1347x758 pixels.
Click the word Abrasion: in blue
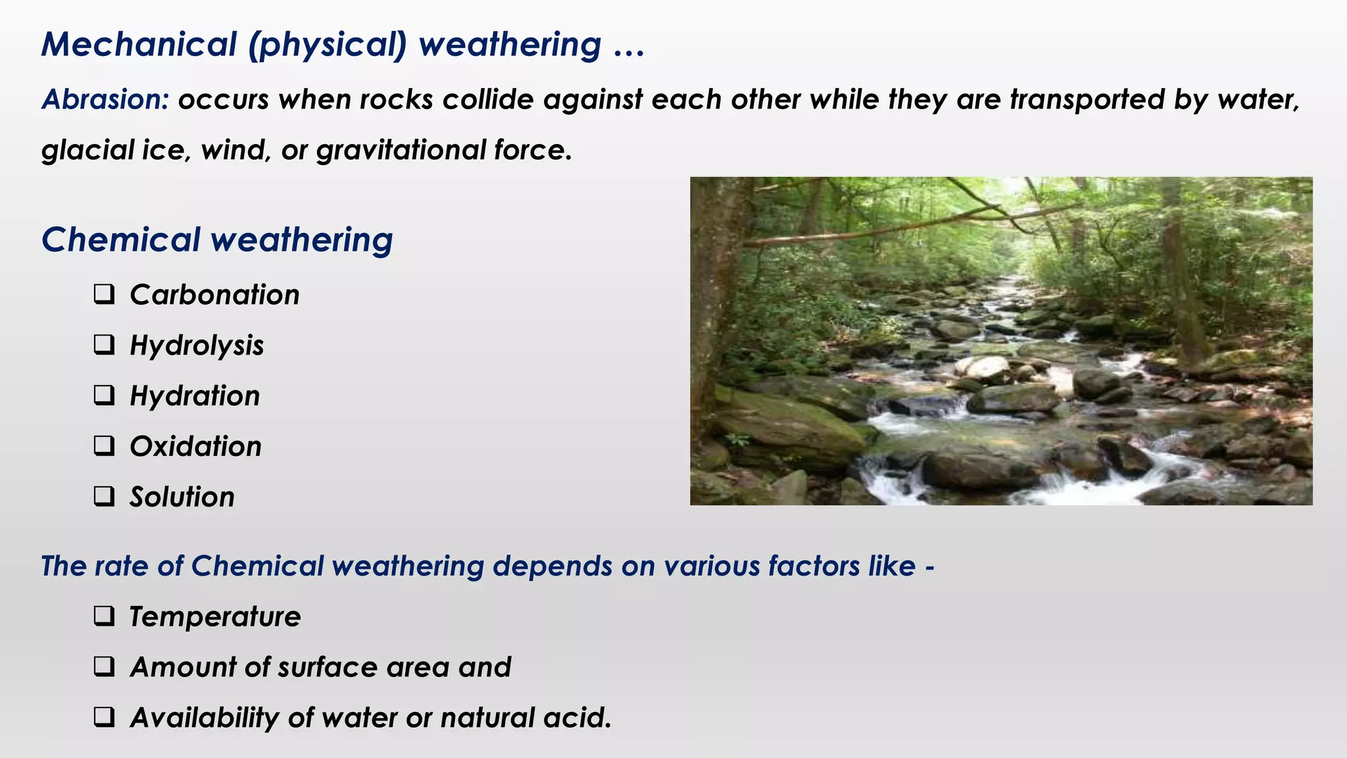tap(105, 100)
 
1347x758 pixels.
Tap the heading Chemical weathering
tap(217, 240)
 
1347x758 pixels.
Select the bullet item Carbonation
tap(214, 295)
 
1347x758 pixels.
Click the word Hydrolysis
tap(197, 345)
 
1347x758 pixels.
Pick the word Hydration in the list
tap(195, 396)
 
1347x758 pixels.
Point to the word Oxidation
tap(195, 447)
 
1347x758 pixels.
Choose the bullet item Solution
tap(182, 497)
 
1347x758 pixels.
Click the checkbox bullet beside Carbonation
tap(104, 294)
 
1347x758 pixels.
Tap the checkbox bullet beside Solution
tap(104, 496)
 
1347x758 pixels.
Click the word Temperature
tap(215, 617)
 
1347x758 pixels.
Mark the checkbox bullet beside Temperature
tap(104, 617)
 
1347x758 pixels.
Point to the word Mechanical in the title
tap(139, 45)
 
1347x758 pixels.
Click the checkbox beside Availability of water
tap(104, 717)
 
